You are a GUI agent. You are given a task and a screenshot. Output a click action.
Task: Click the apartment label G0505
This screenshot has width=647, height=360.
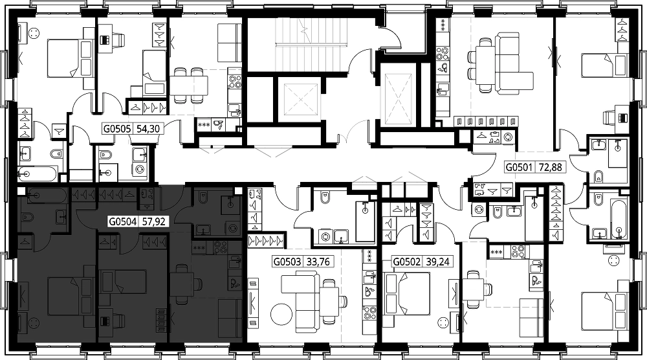[x=117, y=129]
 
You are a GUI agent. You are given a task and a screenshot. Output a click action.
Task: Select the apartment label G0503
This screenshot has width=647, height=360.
[x=288, y=262]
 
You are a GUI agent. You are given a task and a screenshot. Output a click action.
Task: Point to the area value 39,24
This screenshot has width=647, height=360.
[x=438, y=262]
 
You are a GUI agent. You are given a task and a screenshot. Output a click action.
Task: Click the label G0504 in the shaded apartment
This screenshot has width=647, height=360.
[x=122, y=221]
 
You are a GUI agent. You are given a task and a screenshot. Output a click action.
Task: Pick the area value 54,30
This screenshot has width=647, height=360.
[x=148, y=129]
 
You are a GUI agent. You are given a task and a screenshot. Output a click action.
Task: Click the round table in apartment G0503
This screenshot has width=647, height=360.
[x=281, y=315]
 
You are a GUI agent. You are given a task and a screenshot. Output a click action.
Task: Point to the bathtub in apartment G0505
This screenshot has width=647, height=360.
[x=37, y=174]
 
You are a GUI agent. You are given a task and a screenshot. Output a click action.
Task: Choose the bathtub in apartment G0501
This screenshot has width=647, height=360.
[x=618, y=219]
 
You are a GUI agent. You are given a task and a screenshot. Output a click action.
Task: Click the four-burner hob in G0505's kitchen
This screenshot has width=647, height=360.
[x=234, y=81]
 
